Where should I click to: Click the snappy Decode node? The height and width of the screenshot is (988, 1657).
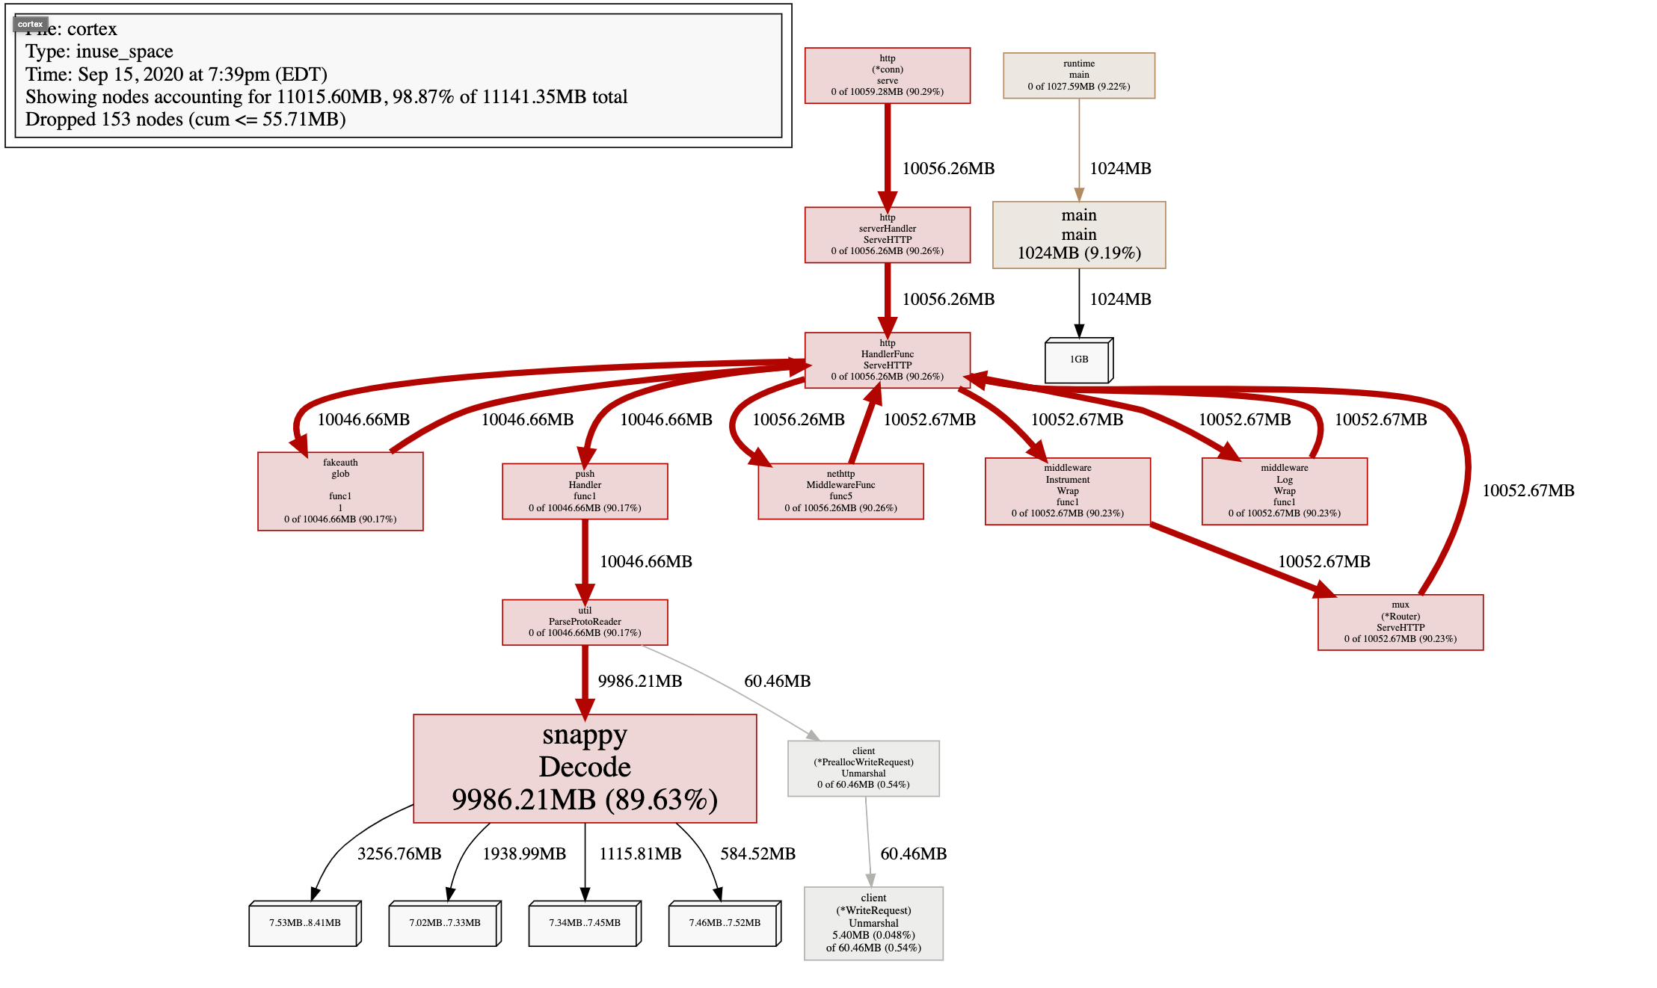click(x=585, y=768)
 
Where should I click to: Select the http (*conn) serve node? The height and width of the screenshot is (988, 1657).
click(x=887, y=75)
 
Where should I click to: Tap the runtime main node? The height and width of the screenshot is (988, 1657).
click(x=1078, y=75)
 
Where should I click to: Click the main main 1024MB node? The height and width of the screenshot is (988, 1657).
click(x=1078, y=235)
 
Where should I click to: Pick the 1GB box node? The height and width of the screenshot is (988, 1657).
click(x=1077, y=360)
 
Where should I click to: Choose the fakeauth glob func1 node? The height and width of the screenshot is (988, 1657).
click(x=340, y=491)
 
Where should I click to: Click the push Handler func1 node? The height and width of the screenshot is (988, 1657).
click(x=585, y=491)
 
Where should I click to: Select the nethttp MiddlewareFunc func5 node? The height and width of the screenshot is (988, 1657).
click(x=840, y=491)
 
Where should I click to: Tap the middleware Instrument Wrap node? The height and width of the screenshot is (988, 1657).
click(x=1067, y=491)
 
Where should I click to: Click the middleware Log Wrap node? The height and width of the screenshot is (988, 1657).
click(x=1284, y=491)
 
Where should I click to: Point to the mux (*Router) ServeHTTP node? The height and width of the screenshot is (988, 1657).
click(x=1400, y=622)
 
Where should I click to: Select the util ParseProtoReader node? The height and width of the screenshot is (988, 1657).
click(x=585, y=622)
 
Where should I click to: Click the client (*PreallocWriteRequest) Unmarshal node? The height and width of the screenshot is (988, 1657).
click(x=863, y=768)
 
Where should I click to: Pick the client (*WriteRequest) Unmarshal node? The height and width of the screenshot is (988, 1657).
click(x=873, y=923)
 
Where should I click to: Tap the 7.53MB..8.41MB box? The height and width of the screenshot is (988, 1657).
click(x=304, y=924)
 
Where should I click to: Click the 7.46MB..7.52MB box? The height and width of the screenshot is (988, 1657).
click(x=724, y=924)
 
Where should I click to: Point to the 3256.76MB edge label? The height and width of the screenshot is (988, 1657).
click(x=399, y=853)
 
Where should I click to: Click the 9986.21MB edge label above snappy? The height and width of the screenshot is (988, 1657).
click(x=640, y=681)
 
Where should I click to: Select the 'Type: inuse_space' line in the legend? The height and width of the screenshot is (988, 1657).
click(x=99, y=52)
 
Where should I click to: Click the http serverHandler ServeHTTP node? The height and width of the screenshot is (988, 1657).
click(x=887, y=235)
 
